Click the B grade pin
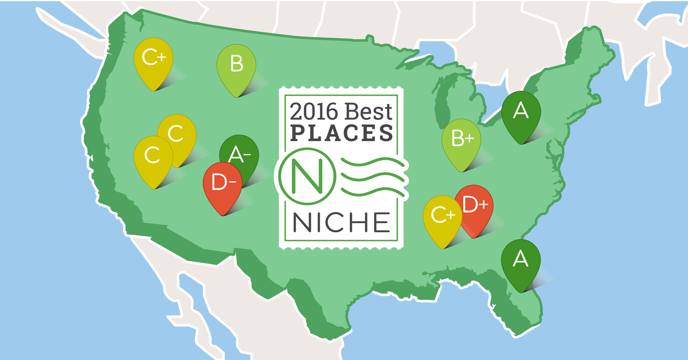[x=236, y=66]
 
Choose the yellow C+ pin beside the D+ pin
[x=442, y=217]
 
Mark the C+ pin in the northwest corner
[x=153, y=60]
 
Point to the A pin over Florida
[x=521, y=261]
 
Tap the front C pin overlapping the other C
[x=153, y=156]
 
